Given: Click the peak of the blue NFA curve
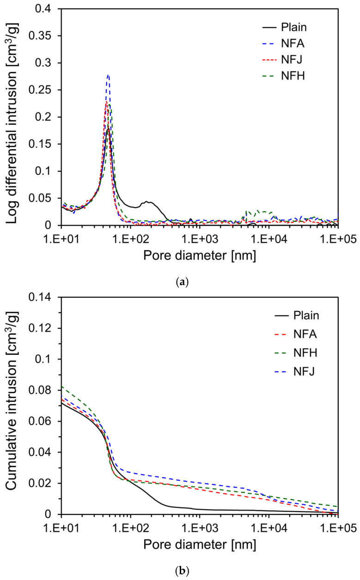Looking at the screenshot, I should pos(108,75).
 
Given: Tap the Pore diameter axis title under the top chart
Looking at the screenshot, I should pos(200,254).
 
